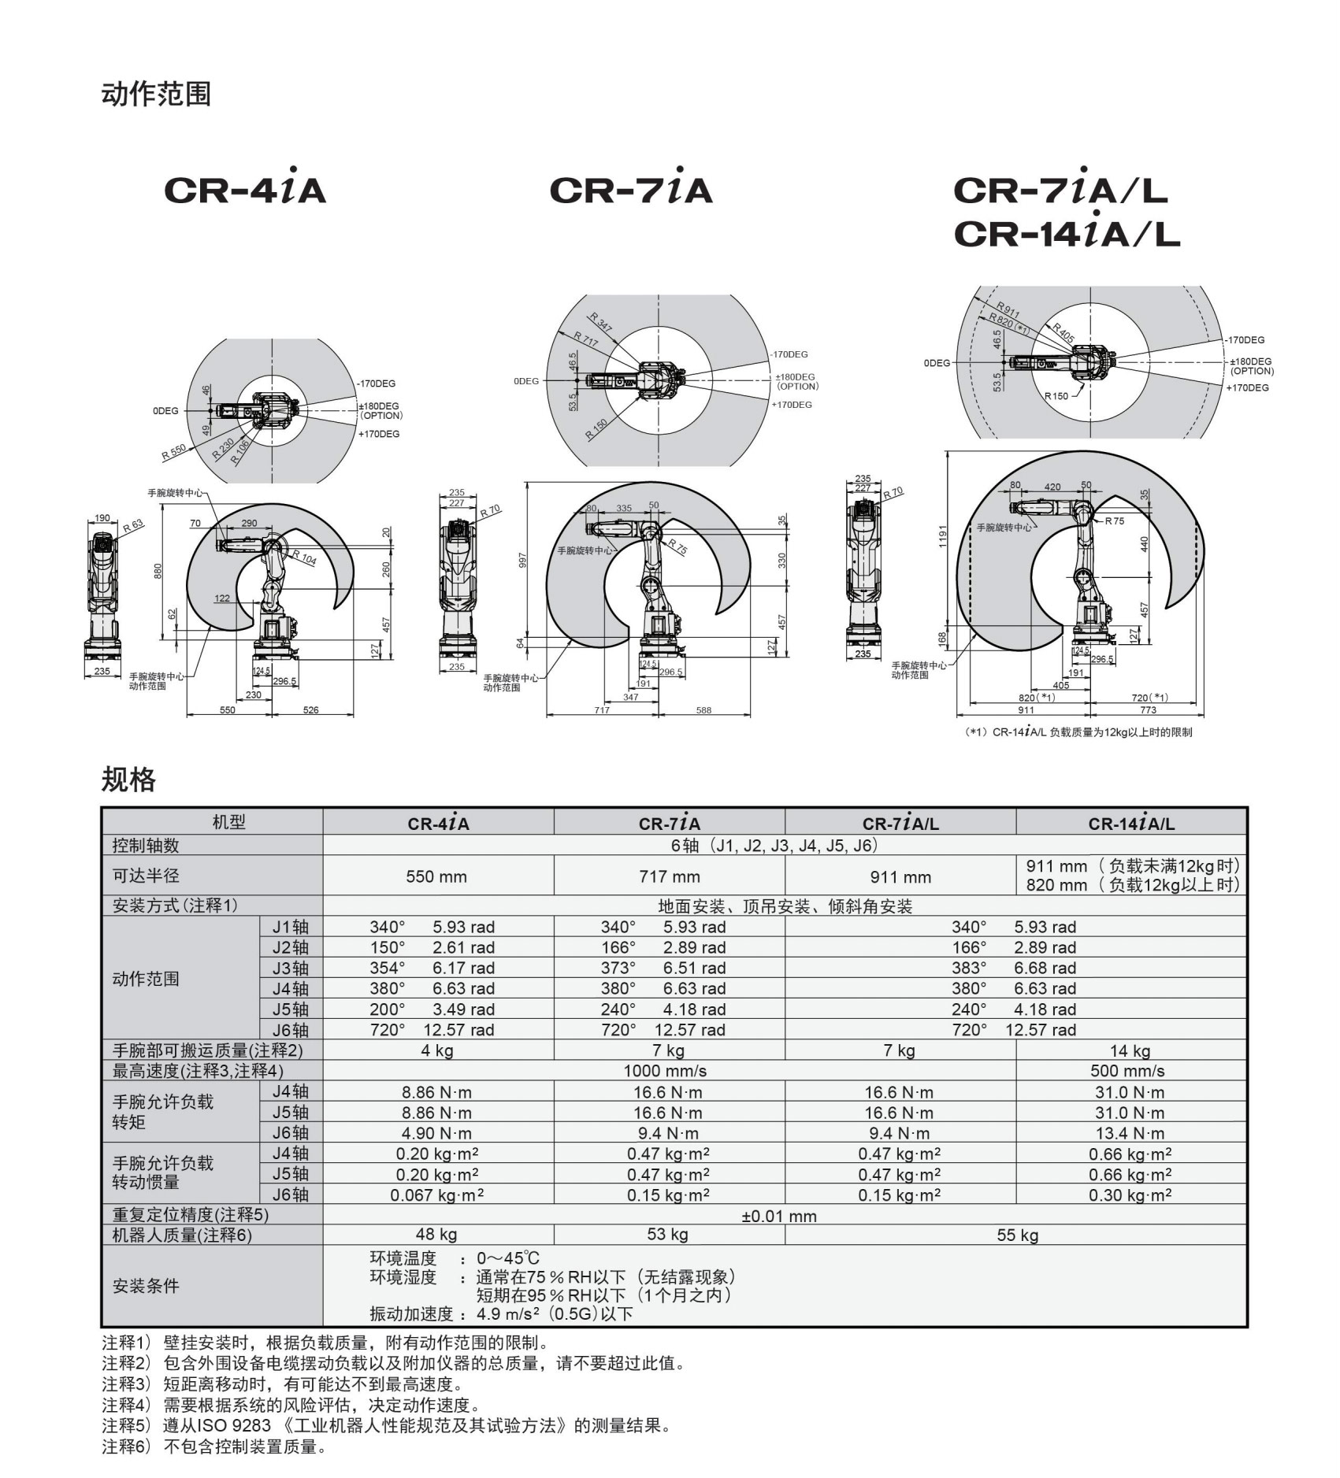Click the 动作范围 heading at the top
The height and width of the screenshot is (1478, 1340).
click(x=156, y=94)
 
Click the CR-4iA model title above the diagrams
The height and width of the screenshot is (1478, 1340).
click(x=245, y=188)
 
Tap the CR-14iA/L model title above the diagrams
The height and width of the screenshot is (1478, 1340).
click(x=1067, y=232)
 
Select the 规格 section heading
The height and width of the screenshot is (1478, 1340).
click(x=128, y=779)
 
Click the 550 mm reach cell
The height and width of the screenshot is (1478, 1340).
click(x=436, y=876)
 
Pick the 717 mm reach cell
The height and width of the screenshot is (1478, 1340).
click(x=668, y=876)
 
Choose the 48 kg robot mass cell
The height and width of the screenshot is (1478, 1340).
click(x=436, y=1234)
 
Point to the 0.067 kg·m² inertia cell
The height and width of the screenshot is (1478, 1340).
click(x=436, y=1195)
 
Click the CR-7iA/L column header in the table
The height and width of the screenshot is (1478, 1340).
click(x=900, y=824)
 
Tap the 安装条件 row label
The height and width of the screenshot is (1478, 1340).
click(x=146, y=1286)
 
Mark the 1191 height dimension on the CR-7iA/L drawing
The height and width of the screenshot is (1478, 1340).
click(x=943, y=536)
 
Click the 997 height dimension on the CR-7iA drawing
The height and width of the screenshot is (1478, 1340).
click(x=522, y=560)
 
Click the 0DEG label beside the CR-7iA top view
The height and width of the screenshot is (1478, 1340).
click(x=526, y=381)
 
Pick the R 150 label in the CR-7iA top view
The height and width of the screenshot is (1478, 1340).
click(x=596, y=429)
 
